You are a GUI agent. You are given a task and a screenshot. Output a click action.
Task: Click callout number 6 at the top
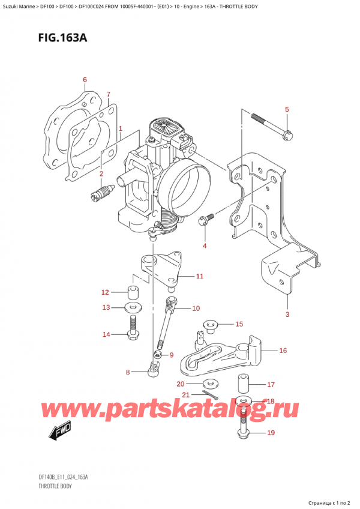pos(85,80)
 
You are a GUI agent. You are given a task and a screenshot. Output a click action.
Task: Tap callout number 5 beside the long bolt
pos(287,109)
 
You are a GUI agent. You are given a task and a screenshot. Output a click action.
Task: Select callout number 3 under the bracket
pos(287,315)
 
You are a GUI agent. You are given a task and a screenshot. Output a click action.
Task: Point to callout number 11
pos(200,277)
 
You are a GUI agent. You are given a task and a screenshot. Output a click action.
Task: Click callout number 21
pos(186,394)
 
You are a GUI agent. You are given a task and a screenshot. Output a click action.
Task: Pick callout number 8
pos(127,373)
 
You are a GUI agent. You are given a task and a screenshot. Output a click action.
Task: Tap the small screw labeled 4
pos(206,220)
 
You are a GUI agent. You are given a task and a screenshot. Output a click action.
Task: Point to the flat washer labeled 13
pos(133,308)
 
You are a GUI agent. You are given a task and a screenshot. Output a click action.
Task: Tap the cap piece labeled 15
pos(211,326)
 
